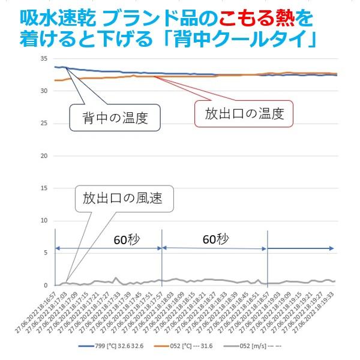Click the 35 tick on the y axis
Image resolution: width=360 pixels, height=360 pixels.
43,59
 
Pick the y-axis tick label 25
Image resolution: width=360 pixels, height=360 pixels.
43,124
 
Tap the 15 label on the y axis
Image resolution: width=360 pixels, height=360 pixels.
43,188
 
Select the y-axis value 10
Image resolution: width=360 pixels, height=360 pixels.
43,220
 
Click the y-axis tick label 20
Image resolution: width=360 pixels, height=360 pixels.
43,156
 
